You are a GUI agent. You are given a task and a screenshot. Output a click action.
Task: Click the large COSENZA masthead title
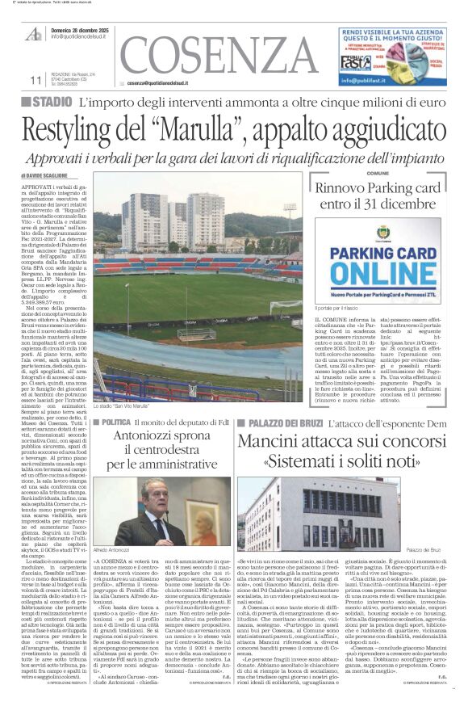(218, 56)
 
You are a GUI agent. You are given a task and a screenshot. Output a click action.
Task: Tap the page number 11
(35, 80)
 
